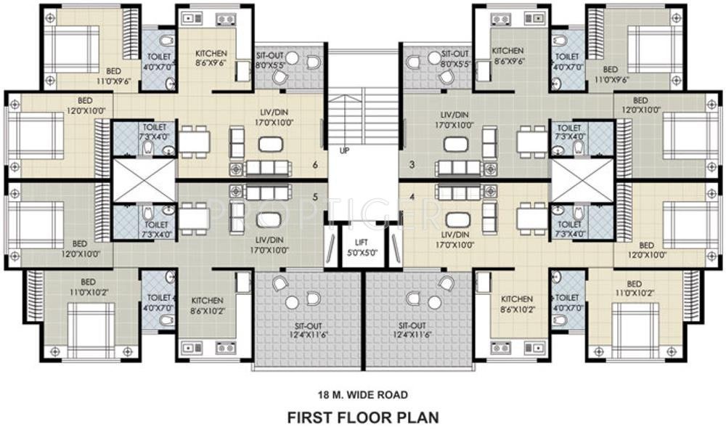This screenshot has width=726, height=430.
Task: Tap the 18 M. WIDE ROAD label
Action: pyautogui.click(x=362, y=394)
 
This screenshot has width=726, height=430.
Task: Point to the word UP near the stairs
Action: pyautogui.click(x=343, y=151)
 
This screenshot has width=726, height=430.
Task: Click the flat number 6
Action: pyautogui.click(x=314, y=165)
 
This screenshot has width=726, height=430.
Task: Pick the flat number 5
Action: pyautogui.click(x=314, y=196)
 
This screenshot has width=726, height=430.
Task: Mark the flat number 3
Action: pyautogui.click(x=412, y=165)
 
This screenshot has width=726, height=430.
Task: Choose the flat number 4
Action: pyautogui.click(x=412, y=196)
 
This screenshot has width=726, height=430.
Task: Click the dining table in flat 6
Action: pyautogui.click(x=194, y=139)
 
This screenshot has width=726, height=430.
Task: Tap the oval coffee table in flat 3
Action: pyautogui.click(x=456, y=143)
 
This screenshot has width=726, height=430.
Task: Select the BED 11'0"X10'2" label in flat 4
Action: pyautogui.click(x=634, y=288)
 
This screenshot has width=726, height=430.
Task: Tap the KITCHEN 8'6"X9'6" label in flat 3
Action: pyautogui.click(x=507, y=56)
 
